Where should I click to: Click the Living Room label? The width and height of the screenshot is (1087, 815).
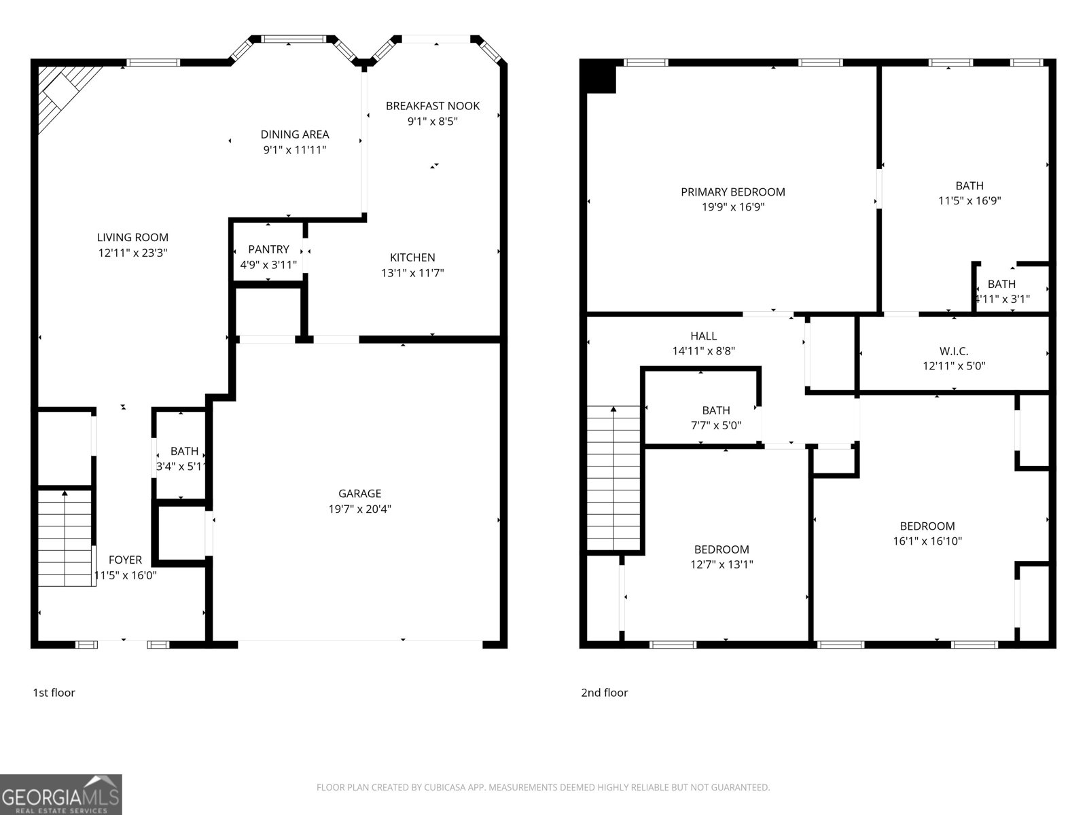point(132,237)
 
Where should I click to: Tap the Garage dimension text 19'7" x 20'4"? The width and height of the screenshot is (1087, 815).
point(359,509)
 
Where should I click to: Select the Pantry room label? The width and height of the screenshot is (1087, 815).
point(268,249)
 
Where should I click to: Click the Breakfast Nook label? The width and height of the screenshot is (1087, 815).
point(433,105)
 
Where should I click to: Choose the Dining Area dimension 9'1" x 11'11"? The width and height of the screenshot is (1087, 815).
point(295,149)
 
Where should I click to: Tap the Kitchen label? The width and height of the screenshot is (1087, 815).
point(412,257)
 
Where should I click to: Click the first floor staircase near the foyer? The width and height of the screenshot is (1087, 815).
point(65,540)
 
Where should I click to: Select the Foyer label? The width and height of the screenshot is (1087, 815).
point(126,560)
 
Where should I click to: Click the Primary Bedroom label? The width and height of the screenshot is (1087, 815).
point(733,192)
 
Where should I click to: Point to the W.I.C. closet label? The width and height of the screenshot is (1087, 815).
point(954,351)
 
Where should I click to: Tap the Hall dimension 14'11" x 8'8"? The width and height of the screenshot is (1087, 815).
point(703,351)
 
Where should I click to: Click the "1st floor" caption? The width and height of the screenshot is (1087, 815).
point(54,693)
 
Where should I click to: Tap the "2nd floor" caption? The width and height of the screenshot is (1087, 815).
point(604,693)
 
